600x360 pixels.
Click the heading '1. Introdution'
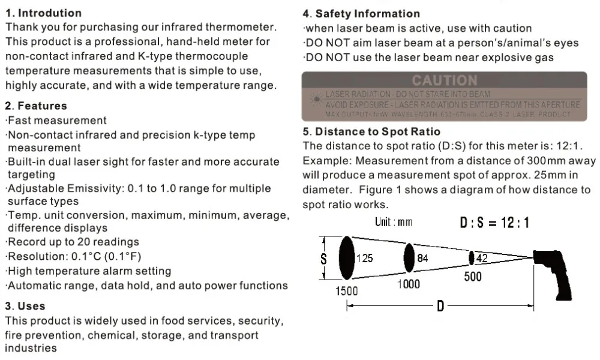(x=43, y=13)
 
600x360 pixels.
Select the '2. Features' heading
(x=36, y=106)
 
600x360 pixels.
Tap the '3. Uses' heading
(x=25, y=306)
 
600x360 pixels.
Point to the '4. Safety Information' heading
(x=361, y=13)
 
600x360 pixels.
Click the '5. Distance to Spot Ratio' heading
(x=371, y=131)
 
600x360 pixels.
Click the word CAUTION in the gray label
(x=445, y=80)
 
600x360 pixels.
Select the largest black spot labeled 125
(x=346, y=257)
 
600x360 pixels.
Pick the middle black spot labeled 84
(x=409, y=258)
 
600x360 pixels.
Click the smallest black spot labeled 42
(x=472, y=258)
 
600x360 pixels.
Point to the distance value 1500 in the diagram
(x=346, y=291)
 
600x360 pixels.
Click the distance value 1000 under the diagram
(x=409, y=284)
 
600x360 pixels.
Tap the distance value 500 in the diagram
(x=473, y=277)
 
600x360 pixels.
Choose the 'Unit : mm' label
(x=394, y=222)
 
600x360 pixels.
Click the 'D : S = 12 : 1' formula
(x=494, y=223)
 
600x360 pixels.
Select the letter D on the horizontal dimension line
(x=440, y=307)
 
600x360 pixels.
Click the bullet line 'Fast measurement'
(x=57, y=121)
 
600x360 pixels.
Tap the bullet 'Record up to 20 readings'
(x=73, y=242)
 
